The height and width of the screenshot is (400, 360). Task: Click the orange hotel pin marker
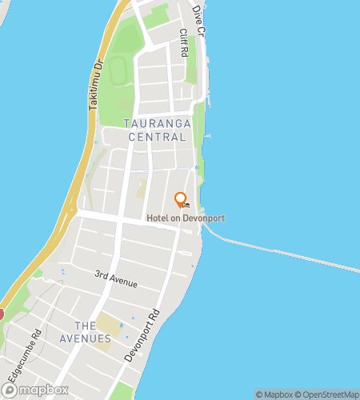coord(180,200)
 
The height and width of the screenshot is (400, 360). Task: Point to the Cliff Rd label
coord(182,42)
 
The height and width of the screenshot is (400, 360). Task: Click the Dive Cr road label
coord(198,21)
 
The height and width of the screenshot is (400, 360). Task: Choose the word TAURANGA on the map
coord(156,122)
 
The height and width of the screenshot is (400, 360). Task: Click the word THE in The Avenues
coord(85,325)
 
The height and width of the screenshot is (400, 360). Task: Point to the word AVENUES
coord(85,339)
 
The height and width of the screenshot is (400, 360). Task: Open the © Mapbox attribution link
coord(273,394)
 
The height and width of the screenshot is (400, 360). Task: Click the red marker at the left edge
coord(2,314)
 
